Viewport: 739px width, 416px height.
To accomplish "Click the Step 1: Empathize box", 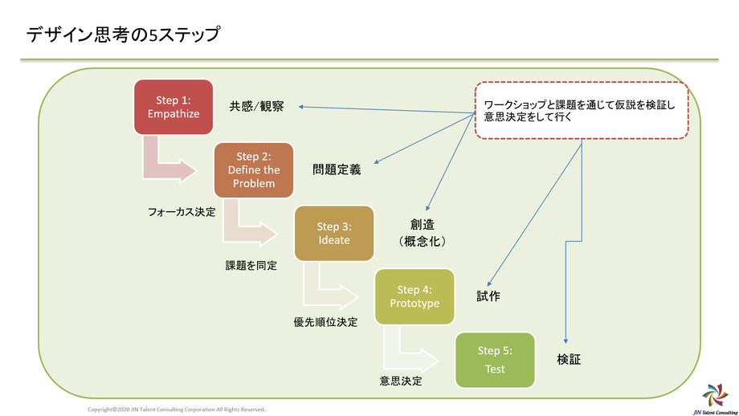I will click(x=173, y=107).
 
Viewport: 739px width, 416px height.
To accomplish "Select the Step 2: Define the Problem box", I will click(x=254, y=170).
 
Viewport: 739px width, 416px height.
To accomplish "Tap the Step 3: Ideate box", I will click(x=334, y=234).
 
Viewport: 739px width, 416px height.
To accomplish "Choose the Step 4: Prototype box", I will click(x=414, y=296).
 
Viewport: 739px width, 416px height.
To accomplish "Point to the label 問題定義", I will click(x=337, y=169).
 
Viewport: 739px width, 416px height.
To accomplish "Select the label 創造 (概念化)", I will click(x=423, y=232).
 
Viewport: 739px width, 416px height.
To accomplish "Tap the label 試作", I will click(x=488, y=296).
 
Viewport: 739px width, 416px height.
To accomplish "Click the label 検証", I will click(x=569, y=360).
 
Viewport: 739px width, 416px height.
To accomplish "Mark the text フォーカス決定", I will click(x=182, y=212).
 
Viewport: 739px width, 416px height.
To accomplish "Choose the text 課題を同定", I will click(x=251, y=265).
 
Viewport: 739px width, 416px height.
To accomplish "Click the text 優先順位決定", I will click(x=325, y=322).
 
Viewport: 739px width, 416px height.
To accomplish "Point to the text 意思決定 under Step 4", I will click(x=401, y=380).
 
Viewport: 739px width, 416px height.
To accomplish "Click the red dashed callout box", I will click(x=582, y=111).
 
